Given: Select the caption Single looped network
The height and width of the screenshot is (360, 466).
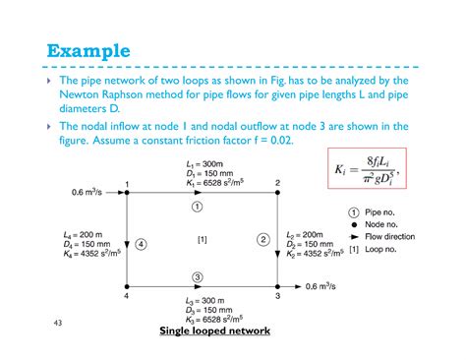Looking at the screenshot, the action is click(214, 330).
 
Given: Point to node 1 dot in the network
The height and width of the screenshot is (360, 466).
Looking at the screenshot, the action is click(127, 192).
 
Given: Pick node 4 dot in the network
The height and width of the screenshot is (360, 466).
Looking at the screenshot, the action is click(127, 286).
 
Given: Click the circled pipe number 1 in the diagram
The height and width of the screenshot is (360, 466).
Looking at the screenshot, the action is click(197, 208).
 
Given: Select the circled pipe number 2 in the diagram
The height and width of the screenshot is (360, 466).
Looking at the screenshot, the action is click(262, 238).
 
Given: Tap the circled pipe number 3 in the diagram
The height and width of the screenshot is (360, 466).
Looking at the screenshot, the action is click(197, 276).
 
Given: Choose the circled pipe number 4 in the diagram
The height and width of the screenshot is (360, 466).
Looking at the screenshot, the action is click(142, 243).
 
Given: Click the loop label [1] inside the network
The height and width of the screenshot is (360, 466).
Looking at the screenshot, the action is click(202, 239).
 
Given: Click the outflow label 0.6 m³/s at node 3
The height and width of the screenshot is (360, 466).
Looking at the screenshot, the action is click(324, 286).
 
